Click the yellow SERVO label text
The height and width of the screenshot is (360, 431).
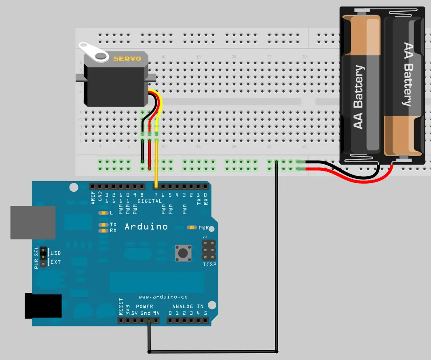tap(127, 59)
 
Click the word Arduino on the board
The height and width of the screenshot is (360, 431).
tap(146, 227)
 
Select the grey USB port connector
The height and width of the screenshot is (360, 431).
tap(33, 222)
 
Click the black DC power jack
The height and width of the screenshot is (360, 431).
tap(43, 306)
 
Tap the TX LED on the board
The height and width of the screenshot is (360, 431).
tap(104, 224)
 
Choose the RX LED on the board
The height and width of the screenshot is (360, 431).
tap(104, 231)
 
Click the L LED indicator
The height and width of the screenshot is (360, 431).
tap(104, 213)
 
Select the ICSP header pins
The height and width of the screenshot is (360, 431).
tap(209, 250)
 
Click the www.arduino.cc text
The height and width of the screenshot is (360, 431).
tap(163, 297)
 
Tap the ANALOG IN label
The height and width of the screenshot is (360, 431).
tap(188, 306)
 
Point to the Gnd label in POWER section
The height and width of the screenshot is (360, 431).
tap(146, 313)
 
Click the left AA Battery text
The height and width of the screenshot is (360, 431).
tap(359, 97)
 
